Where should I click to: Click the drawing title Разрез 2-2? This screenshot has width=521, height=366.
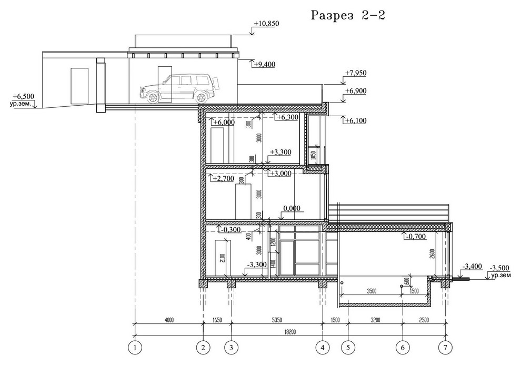[x=348, y=15]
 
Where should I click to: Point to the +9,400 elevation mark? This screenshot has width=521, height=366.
[x=264, y=64]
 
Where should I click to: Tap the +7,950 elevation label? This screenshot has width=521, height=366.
[x=356, y=73]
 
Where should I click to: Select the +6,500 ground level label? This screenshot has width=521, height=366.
[x=23, y=97]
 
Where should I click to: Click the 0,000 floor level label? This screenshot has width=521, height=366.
[x=292, y=209]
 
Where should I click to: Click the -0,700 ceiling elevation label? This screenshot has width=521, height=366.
[x=415, y=236]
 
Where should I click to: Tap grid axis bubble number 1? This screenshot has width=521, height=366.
[x=135, y=348]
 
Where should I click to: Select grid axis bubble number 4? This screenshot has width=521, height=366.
[x=322, y=348]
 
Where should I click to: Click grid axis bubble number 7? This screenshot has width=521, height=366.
[x=445, y=348]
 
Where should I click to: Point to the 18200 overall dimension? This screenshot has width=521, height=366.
[x=290, y=332]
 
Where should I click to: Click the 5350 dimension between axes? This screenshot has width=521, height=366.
[x=277, y=320]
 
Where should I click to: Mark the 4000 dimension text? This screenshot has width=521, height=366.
[x=169, y=320]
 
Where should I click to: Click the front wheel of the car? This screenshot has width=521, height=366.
[x=153, y=97]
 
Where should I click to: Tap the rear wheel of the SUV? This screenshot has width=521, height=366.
[x=201, y=97]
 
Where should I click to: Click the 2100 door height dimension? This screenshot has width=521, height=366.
[x=222, y=258]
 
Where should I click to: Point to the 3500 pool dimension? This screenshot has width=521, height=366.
[x=372, y=291]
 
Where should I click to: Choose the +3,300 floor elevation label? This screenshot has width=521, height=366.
[x=280, y=152]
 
